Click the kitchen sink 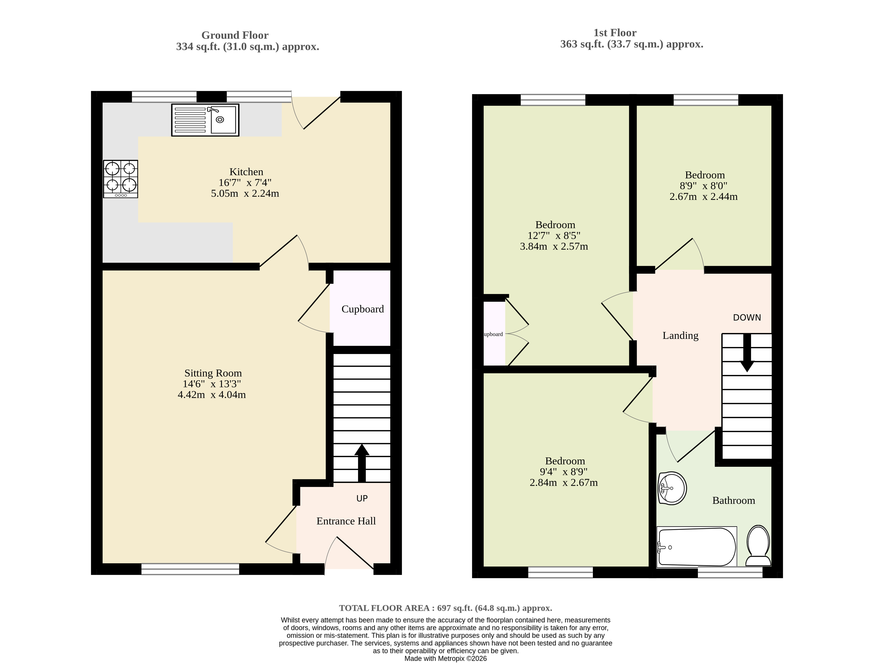click(x=205, y=120)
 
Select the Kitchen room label click(x=246, y=172)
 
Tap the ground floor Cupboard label click(x=363, y=309)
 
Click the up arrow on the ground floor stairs click(x=362, y=463)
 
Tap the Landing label click(x=680, y=336)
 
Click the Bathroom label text click(x=733, y=501)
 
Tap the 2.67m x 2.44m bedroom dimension click(x=704, y=197)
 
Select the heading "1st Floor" click(x=615, y=33)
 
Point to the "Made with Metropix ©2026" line click(x=445, y=659)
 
